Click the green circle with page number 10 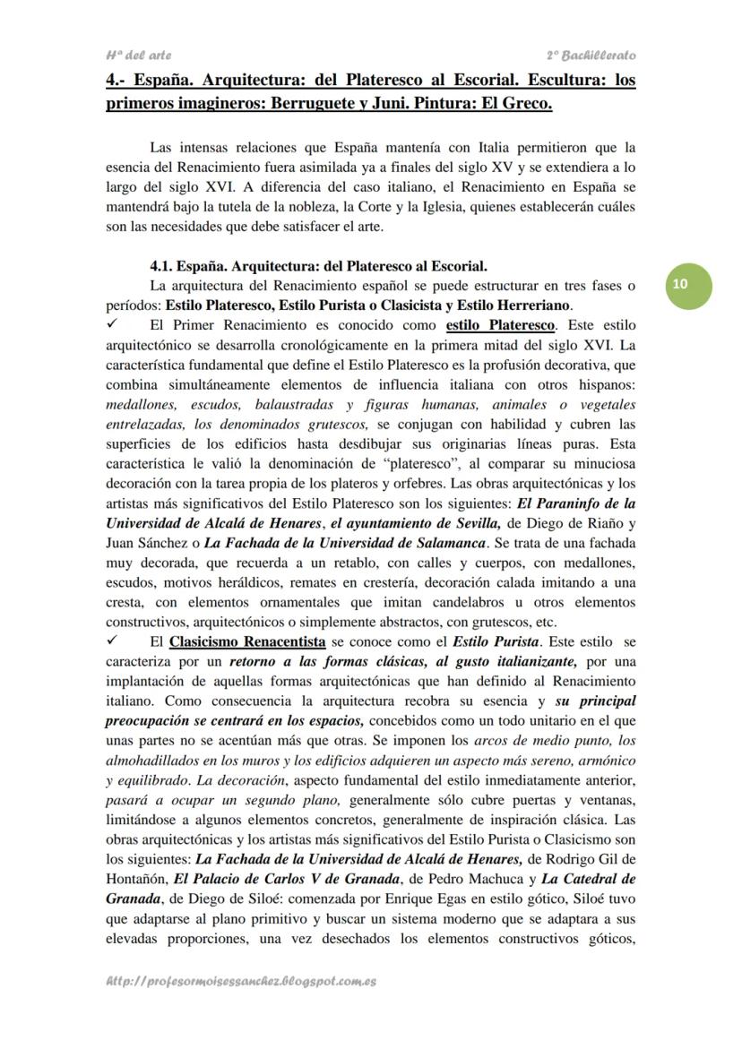point(680,283)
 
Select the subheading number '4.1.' point(162,266)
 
